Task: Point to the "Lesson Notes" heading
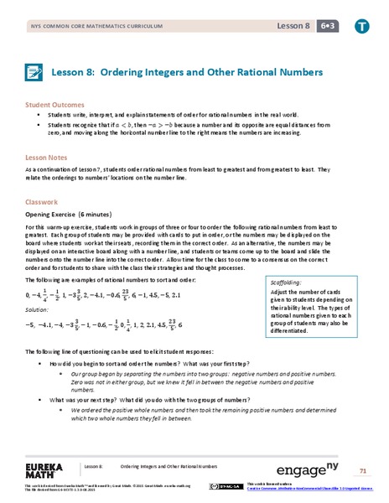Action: (x=47, y=156)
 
